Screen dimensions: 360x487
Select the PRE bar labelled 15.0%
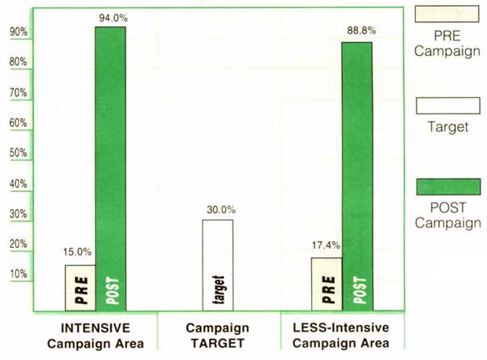[x=80, y=288]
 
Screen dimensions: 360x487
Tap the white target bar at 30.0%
[x=217, y=265]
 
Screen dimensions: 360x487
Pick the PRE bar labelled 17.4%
[x=326, y=284]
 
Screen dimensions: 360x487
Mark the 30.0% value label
[x=217, y=211]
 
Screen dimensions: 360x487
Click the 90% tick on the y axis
[x=19, y=32]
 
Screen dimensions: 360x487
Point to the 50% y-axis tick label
[x=19, y=153]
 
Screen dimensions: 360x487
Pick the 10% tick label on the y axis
[x=19, y=274]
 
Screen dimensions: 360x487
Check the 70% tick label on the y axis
[x=19, y=93]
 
